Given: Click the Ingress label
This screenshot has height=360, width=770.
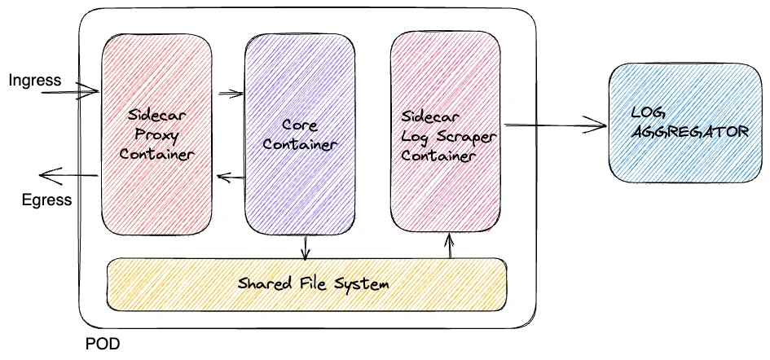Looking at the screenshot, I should point(35,80).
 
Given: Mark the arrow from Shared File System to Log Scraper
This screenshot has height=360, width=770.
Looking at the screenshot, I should point(450,244).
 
